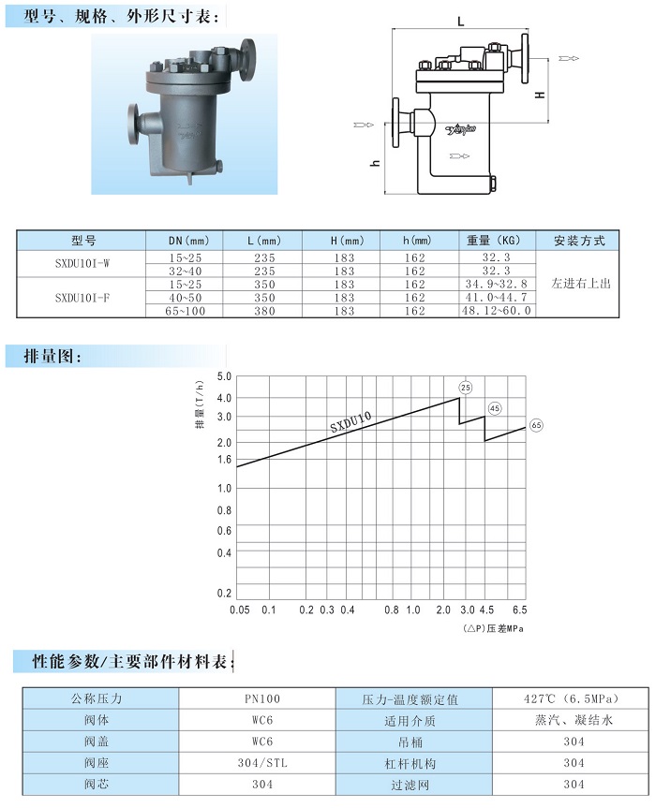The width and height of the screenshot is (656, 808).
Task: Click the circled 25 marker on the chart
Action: tap(466, 388)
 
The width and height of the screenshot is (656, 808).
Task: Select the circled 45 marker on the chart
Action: tap(495, 408)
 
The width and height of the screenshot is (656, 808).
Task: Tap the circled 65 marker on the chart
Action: tap(536, 425)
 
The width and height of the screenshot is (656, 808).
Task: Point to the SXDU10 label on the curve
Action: tap(350, 422)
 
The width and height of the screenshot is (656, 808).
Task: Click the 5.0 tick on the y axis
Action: tap(224, 376)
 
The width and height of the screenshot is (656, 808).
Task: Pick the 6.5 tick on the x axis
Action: tap(520, 610)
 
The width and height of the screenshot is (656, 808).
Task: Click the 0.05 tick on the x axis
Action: tap(240, 610)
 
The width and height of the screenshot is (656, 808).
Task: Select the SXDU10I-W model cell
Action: tap(82, 263)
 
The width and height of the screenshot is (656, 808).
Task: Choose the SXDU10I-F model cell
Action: tap(82, 298)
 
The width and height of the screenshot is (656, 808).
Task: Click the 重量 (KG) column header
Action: tap(494, 240)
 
